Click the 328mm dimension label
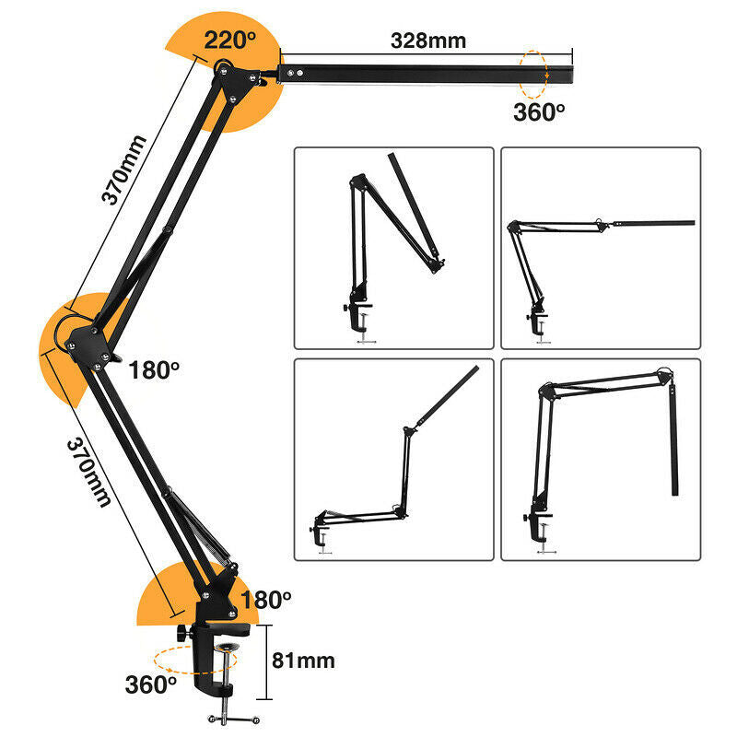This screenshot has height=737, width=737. click(428, 41)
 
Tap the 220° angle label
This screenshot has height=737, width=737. click(229, 40)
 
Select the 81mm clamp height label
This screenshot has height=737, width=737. click(303, 661)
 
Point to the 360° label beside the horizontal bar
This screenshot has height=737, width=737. click(539, 111)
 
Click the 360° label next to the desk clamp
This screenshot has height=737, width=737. click(151, 684)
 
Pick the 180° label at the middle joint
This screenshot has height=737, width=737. click(154, 370)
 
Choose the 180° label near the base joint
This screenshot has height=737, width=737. click(265, 600)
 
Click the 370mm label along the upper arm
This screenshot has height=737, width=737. click(123, 170)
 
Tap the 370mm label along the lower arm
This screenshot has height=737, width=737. click(89, 473)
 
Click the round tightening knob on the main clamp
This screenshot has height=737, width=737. click(181, 633)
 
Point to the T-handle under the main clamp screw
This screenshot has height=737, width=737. click(234, 719)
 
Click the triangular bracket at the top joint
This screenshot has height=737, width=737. click(235, 83)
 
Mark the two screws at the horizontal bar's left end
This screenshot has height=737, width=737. click(295, 73)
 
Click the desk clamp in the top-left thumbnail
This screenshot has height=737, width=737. click(358, 312)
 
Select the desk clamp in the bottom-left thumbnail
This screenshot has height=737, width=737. click(321, 531)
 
